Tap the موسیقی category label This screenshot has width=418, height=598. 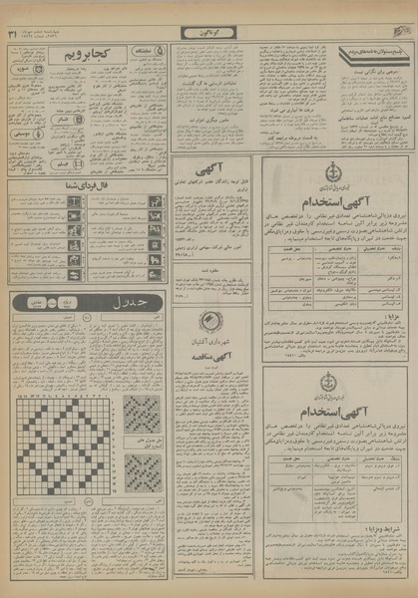22,132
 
